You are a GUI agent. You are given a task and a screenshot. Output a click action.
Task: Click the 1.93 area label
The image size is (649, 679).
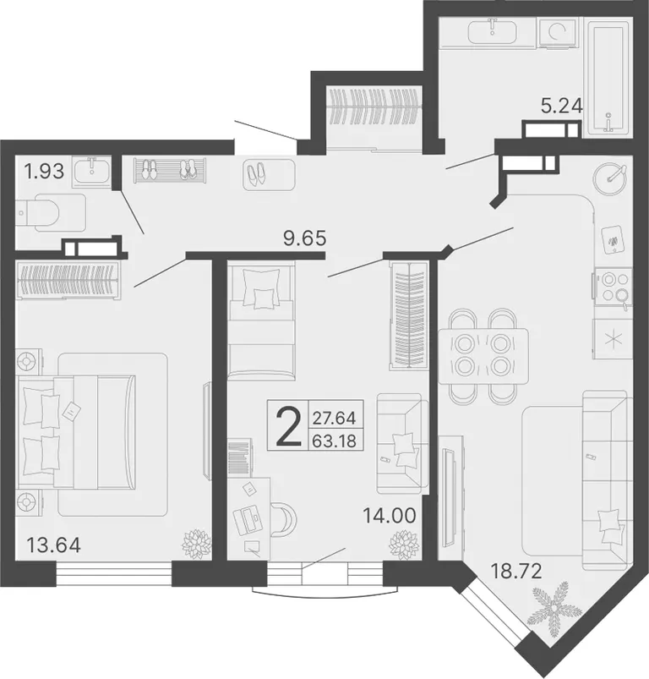(45, 172)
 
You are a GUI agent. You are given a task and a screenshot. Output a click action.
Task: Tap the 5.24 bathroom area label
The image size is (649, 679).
(562, 106)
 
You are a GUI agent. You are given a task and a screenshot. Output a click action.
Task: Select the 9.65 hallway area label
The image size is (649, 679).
(304, 238)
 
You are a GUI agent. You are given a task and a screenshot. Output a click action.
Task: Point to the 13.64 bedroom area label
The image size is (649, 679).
(53, 545)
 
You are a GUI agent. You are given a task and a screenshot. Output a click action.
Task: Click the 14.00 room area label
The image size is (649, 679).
(390, 516)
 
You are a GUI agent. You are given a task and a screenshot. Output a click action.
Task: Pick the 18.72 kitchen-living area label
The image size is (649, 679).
(515, 572)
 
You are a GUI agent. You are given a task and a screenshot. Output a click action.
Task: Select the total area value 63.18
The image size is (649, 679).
(335, 441)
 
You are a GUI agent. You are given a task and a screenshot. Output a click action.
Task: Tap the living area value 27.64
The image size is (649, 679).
(335, 419)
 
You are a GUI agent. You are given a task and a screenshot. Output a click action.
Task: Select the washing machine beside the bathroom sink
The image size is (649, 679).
(558, 31)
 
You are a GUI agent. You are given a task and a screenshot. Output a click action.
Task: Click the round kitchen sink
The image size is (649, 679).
(610, 178)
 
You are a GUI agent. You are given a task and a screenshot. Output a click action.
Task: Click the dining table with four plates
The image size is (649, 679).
(483, 356)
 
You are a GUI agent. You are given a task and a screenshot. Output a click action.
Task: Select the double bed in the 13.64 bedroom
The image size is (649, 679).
(76, 431)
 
